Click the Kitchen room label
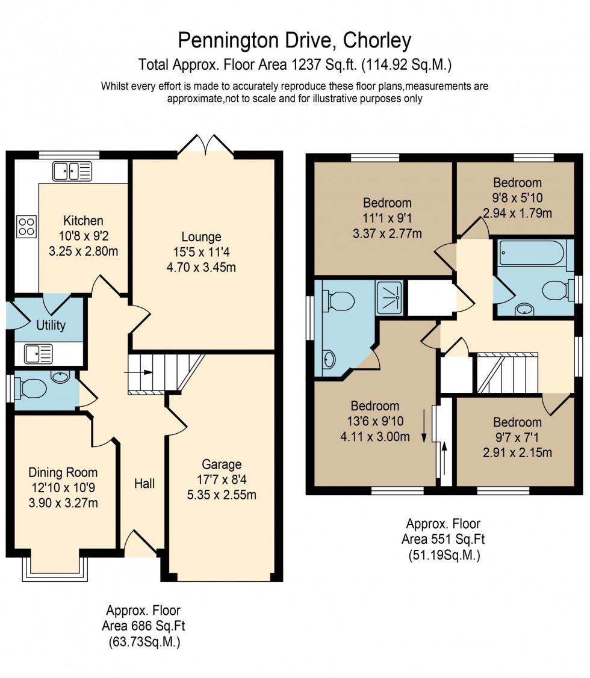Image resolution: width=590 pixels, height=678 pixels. click(83, 221)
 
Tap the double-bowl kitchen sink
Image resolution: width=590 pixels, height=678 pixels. click(72, 171)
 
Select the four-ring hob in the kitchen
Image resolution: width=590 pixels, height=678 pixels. click(26, 226)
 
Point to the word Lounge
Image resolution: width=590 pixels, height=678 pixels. click(202, 237)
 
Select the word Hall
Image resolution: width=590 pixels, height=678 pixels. click(144, 483)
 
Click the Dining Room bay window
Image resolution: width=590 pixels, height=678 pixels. click(55, 568)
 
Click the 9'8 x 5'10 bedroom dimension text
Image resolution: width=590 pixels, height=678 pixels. click(517, 198)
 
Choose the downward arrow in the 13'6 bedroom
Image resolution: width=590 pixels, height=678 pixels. click(424, 425)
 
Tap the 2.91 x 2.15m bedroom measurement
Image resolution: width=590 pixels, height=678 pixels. click(517, 453)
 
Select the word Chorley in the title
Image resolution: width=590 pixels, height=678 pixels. click(377, 41)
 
